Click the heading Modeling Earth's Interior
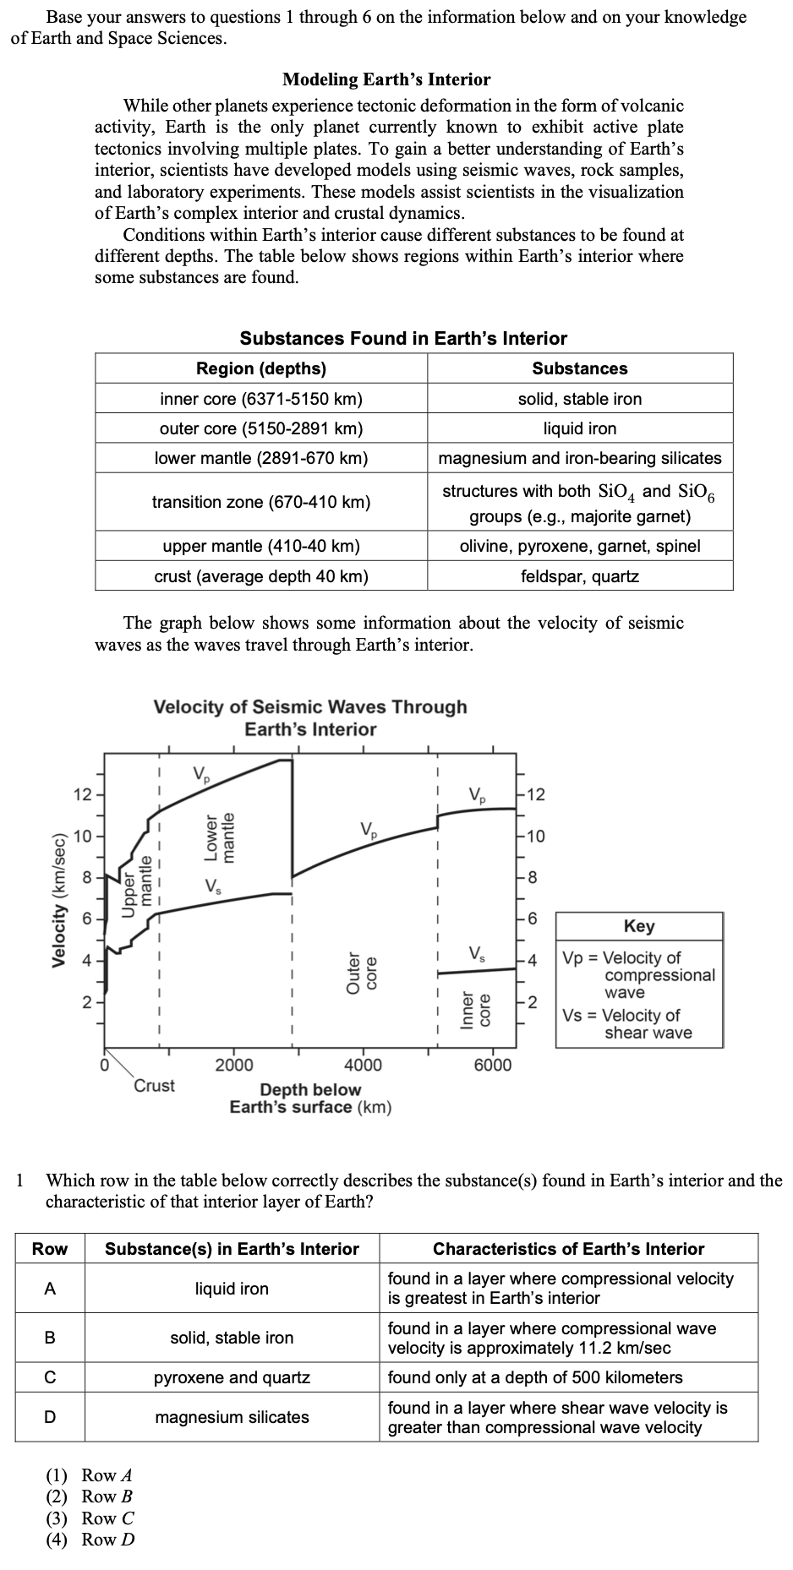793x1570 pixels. tap(386, 79)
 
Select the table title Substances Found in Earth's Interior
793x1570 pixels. tap(403, 339)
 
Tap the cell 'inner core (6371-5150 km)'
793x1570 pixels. tap(261, 399)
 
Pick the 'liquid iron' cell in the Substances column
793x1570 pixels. tap(579, 428)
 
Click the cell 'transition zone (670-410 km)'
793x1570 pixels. tap(261, 502)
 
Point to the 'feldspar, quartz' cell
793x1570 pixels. tap(579, 576)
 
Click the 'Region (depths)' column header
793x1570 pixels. tap(261, 368)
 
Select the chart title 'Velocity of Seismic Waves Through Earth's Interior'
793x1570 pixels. tap(310, 717)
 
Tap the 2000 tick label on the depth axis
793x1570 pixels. tap(233, 1065)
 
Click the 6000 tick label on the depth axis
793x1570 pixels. tap(492, 1065)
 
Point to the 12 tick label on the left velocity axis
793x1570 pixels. tap(82, 795)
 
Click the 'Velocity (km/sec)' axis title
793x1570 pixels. tap(59, 900)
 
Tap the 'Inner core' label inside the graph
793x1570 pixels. tap(474, 1009)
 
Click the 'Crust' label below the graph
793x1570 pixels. tap(155, 1085)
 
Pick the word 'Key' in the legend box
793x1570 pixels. tap(638, 926)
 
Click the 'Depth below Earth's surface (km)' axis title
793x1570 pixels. tap(310, 1098)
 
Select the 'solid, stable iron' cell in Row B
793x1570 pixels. tap(232, 1338)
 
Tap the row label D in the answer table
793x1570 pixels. tap(50, 1417)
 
